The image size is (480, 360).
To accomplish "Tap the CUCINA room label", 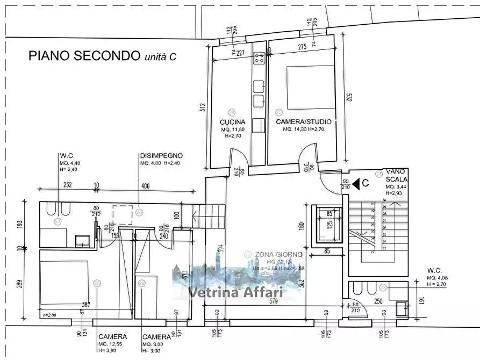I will tap(233, 122).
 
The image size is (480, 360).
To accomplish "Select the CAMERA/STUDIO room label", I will tap(303, 122).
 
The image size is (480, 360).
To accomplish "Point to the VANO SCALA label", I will tap(396, 175).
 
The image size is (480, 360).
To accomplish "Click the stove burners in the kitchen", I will tap(260, 55).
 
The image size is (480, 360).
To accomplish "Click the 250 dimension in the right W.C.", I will tap(379, 301).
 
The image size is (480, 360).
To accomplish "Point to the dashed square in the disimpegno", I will tap(122, 214).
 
